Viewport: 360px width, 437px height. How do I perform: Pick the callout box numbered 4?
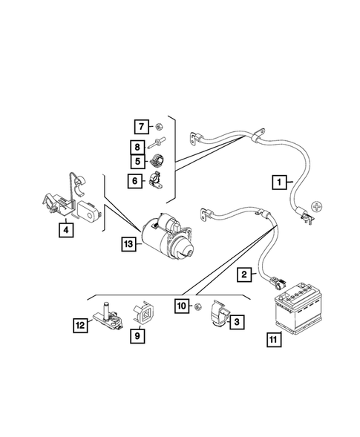click(67, 230)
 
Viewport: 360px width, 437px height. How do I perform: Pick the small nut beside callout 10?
click(198, 306)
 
